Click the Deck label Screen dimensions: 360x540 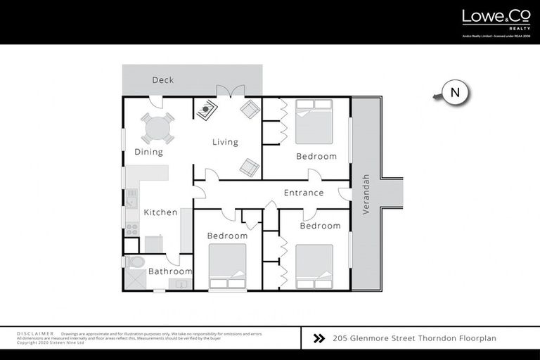pos(162,80)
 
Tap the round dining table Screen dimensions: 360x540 pos(157,129)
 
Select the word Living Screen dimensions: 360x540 pos(225,142)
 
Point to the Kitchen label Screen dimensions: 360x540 pos(160,212)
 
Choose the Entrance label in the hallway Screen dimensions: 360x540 pos(304,193)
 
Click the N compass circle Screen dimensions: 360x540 pos(455,92)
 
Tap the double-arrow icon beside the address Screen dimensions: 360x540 pos(319,338)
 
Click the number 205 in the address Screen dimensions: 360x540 pos(340,338)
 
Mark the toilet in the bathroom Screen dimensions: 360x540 pos(136,262)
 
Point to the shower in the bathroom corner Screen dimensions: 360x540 pos(135,280)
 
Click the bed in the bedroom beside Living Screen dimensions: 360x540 pos(314,121)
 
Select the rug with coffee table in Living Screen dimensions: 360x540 pos(206,110)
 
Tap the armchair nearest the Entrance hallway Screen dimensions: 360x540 pos(249,167)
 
